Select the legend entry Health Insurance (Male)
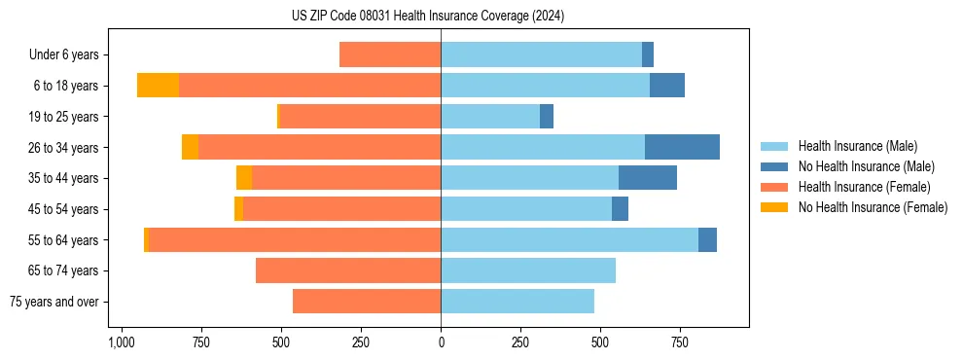tap(856, 146)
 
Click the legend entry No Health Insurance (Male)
tap(866, 166)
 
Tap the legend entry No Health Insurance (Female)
tap(873, 207)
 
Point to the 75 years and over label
tap(53, 302)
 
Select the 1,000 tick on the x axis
tap(121, 342)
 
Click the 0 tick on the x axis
tap(441, 342)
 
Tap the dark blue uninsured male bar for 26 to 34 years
tap(682, 147)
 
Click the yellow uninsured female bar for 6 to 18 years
tap(158, 86)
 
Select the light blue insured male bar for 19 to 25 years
tap(490, 116)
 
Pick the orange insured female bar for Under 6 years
tap(390, 54)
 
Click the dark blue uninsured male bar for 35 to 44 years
tap(648, 178)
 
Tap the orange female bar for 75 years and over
tap(367, 302)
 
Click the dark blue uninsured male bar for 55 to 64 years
tap(707, 239)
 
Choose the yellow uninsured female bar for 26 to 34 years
tap(190, 147)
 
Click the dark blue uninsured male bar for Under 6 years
tap(648, 54)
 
